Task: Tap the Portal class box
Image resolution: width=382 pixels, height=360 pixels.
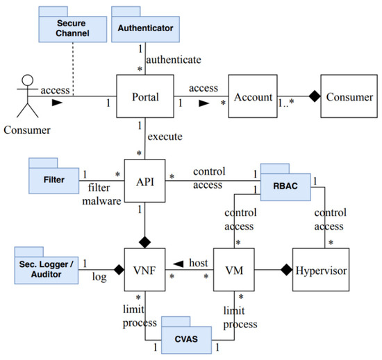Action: pyautogui.click(x=145, y=96)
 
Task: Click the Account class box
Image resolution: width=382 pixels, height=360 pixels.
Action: pyautogui.click(x=253, y=96)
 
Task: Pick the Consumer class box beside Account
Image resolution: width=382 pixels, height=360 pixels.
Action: pyautogui.click(x=349, y=96)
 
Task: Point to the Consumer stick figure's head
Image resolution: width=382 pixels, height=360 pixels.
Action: pyautogui.click(x=28, y=80)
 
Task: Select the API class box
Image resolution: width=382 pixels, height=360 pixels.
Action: pyautogui.click(x=144, y=181)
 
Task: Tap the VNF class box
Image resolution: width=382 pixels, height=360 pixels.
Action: pyautogui.click(x=144, y=270)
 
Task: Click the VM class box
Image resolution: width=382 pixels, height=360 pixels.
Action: pyautogui.click(x=234, y=270)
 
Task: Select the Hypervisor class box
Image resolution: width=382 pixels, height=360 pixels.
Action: pyautogui.click(x=321, y=270)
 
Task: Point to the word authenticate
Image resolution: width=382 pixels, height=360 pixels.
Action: pyautogui.click(x=174, y=60)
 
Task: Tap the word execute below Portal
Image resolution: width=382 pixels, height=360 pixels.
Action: pyautogui.click(x=165, y=137)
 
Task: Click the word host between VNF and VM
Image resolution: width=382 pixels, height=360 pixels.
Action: pyautogui.click(x=199, y=263)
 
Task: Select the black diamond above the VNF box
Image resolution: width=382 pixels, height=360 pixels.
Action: pyautogui.click(x=144, y=242)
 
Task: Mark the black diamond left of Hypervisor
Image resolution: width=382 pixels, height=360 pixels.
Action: pyautogui.click(x=286, y=270)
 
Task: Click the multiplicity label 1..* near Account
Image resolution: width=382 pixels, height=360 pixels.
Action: pyautogui.click(x=286, y=103)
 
